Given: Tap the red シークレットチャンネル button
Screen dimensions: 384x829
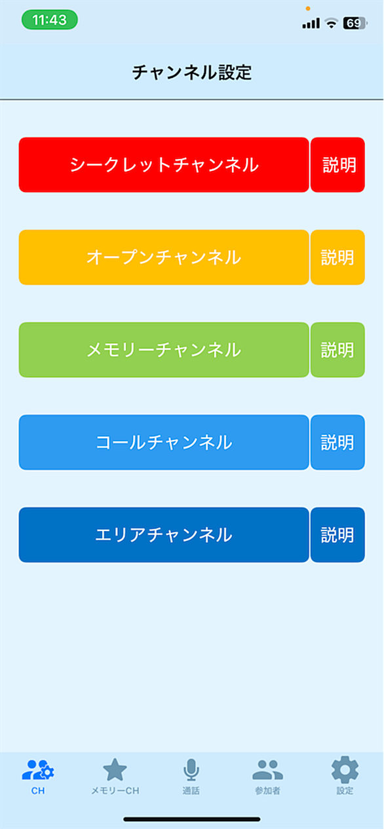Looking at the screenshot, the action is [164, 165].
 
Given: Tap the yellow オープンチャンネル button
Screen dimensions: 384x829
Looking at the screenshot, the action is [164, 257].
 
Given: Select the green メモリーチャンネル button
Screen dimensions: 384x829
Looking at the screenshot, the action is [164, 350].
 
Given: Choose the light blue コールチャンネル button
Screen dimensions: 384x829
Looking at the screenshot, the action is [164, 442].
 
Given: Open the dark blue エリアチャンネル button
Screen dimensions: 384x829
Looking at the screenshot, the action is [164, 535].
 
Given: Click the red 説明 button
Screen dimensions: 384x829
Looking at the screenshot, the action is [337, 165].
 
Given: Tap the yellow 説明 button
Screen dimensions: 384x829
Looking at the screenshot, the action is [337, 257].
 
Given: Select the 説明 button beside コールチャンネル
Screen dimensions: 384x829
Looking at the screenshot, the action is [337, 442].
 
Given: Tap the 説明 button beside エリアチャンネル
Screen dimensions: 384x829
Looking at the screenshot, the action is [337, 535].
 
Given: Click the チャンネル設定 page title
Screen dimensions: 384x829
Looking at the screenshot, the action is [192, 72].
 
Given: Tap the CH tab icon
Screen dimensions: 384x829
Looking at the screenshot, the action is [38, 770].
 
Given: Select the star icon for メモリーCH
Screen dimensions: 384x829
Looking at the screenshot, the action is [115, 769].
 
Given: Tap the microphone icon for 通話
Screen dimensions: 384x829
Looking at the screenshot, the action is [191, 769].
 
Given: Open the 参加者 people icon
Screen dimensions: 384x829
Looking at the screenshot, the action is [268, 770].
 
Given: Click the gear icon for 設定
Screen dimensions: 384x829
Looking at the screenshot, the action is [345, 769].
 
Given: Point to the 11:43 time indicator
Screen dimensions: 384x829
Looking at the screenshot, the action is [50, 20].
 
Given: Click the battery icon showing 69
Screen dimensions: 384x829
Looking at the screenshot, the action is [355, 24].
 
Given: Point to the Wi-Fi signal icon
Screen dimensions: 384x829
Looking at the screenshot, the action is [331, 24].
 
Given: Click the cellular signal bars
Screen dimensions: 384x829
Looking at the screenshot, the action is [311, 24].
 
